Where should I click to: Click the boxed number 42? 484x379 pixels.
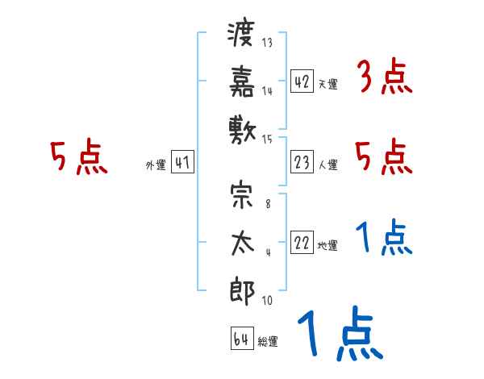302,81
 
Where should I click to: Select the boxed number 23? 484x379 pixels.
302,163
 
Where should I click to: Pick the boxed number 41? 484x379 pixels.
182,163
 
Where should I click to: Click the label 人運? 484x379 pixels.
328,165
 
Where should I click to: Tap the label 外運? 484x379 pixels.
155,165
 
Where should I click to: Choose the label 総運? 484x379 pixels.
268,342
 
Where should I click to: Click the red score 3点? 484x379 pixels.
383,79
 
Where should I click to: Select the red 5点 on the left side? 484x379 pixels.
78,157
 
